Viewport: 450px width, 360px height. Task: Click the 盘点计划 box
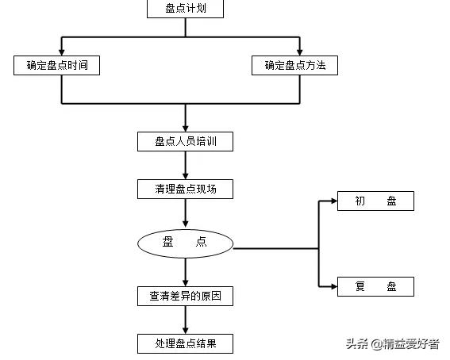[x=185, y=9]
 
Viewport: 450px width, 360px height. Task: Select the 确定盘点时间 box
[x=57, y=66]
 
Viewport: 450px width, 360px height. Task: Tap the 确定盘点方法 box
[x=294, y=66]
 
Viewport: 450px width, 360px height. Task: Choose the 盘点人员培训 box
[x=185, y=141]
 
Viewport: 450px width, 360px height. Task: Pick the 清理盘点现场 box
[x=185, y=189]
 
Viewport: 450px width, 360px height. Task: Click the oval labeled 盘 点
[x=185, y=243]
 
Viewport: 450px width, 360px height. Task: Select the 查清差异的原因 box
[x=185, y=297]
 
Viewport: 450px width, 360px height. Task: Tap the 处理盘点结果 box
[x=185, y=344]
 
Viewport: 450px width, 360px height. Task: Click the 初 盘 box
[x=375, y=201]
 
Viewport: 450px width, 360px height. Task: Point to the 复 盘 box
[x=375, y=286]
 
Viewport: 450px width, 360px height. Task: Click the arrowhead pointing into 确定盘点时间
[x=62, y=52]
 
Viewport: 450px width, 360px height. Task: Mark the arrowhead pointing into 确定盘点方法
[x=299, y=52]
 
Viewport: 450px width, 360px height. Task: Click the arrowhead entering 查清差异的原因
[x=185, y=282]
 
